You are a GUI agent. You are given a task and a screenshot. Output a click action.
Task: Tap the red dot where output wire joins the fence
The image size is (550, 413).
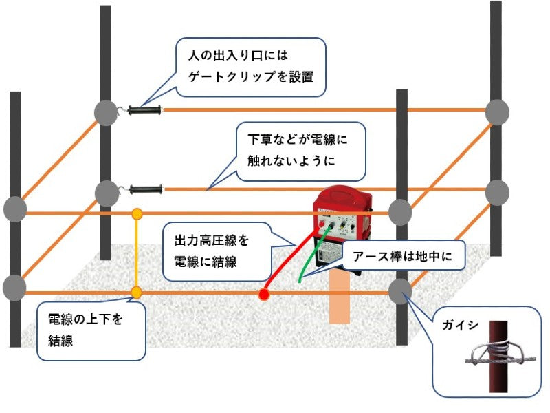[263, 295]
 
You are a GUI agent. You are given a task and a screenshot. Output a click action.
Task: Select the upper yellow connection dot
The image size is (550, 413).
[137, 213]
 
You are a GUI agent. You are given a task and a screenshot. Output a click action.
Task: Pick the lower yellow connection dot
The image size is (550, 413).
[137, 293]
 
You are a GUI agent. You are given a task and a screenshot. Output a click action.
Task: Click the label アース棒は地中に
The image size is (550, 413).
[404, 257]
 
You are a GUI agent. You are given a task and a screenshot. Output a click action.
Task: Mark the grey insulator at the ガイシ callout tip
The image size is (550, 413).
[400, 292]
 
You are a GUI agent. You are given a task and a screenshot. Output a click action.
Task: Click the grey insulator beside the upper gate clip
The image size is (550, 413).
[106, 113]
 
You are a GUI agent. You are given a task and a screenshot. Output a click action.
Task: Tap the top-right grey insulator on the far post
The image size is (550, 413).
[497, 112]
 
